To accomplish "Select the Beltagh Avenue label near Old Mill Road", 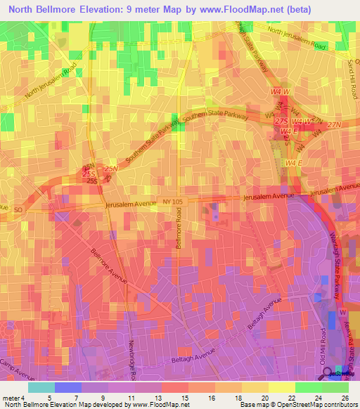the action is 260,309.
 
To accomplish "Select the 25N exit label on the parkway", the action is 110,169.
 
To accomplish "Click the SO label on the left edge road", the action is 18,209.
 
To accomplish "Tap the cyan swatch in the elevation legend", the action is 41,387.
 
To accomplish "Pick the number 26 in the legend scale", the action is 343,398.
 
